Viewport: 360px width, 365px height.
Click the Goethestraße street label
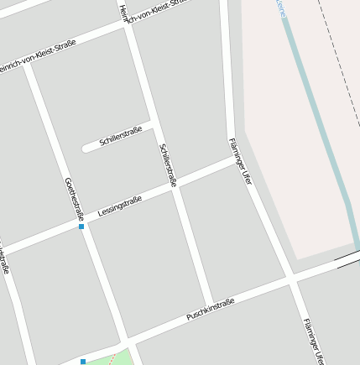pos(74,196)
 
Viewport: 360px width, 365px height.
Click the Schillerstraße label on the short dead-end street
pos(120,137)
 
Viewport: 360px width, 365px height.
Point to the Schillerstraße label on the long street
pos(168,164)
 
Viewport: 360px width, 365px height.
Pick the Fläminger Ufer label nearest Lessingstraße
pos(240,160)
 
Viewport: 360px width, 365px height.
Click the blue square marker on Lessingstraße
pos(81,227)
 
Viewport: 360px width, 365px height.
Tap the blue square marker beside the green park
pos(83,362)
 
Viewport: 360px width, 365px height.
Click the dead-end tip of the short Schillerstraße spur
pos(86,149)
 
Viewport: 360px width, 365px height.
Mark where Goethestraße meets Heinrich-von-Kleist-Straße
pos(27,64)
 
